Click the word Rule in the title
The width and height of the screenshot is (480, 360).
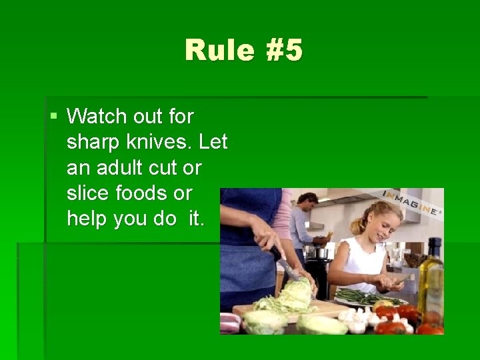[215, 51]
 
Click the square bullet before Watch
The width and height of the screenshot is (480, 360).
[53, 117]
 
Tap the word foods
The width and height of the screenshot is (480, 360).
[143, 193]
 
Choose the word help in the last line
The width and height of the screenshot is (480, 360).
[88, 218]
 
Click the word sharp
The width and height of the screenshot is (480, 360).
[93, 142]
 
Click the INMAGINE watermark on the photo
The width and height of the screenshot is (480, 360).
[411, 202]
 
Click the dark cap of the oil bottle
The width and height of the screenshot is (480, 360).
[435, 245]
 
